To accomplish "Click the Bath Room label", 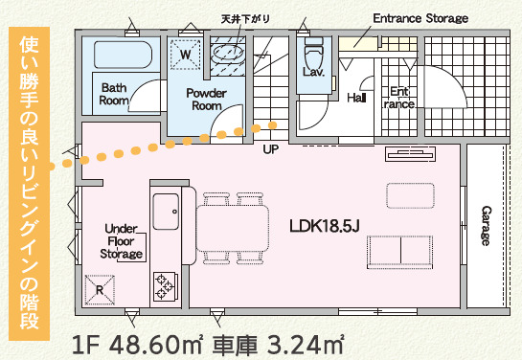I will tap(115, 93).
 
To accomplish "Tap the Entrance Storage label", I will tap(420, 18).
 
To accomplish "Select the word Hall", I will tap(356, 98).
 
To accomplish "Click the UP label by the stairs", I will tap(270, 149).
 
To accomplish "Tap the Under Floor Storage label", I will tap(123, 241).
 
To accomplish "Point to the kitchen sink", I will tap(166, 206).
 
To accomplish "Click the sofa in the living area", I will tap(396, 251).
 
